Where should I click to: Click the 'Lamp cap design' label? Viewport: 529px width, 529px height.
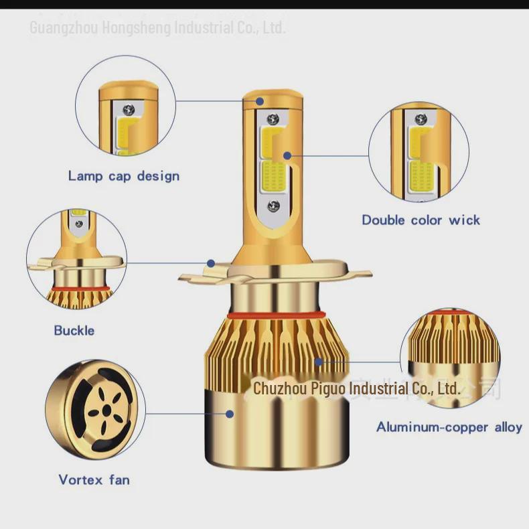tap(124, 176)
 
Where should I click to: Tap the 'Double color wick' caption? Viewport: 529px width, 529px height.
tap(421, 220)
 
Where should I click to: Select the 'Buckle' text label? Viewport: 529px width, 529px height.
tap(74, 330)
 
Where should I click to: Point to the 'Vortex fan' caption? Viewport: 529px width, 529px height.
tap(94, 479)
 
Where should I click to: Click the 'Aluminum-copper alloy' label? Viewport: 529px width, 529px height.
tap(449, 427)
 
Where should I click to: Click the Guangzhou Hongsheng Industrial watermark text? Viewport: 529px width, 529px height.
tap(158, 27)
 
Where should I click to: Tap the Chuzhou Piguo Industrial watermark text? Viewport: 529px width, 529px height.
tap(356, 388)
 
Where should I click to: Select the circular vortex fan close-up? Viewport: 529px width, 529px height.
tap(95, 408)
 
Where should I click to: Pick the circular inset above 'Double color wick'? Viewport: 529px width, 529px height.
tap(419, 152)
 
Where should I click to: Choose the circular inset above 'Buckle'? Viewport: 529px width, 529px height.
tap(76, 259)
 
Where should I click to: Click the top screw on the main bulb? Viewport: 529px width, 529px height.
tap(273, 119)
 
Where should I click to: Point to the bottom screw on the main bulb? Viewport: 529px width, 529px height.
tap(273, 204)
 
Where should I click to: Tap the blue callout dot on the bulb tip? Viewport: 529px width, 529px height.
tap(260, 101)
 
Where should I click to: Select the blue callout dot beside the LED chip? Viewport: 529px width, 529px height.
tap(287, 155)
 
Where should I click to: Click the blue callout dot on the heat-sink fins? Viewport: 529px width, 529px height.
tap(319, 362)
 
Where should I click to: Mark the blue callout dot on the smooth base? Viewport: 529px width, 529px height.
tap(230, 414)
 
